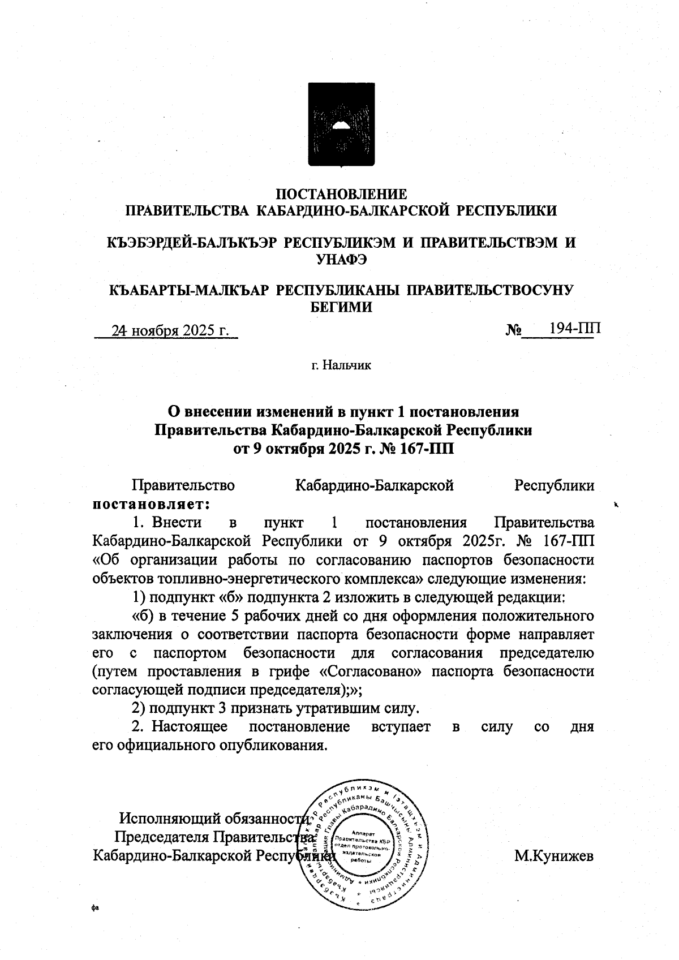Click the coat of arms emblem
tap(341, 125)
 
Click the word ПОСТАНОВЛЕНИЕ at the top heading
tap(341, 195)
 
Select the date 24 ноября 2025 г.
tap(170, 330)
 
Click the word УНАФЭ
tap(341, 260)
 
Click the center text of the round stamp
tap(361, 846)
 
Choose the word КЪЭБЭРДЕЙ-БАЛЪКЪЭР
tap(192, 243)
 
